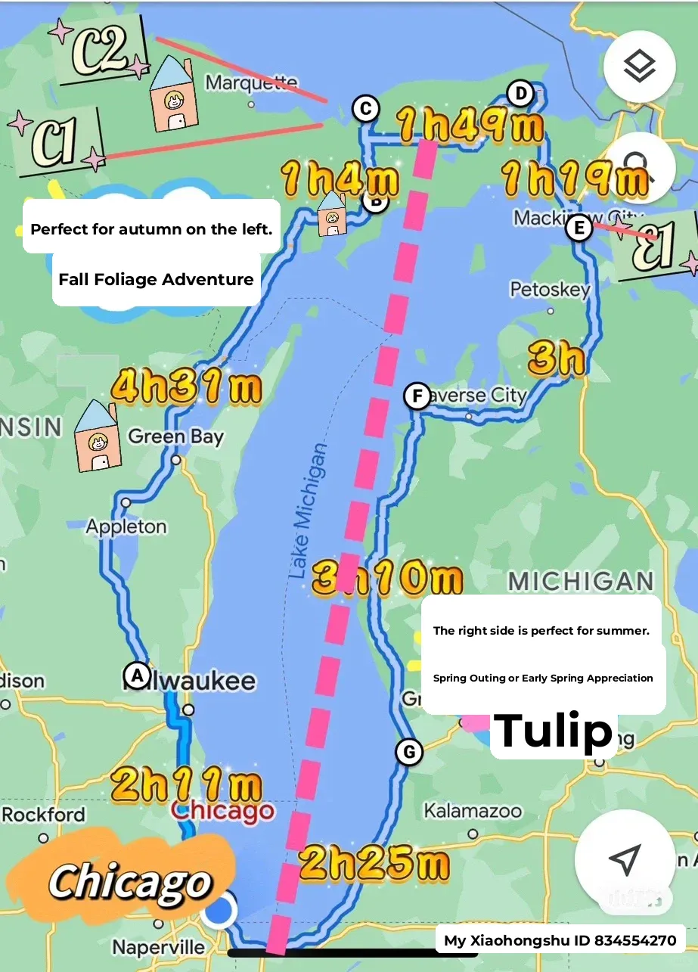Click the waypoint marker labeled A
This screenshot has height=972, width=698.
137,675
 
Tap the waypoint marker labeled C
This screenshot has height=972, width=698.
365,109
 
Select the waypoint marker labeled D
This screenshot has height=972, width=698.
520,94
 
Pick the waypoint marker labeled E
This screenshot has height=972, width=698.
579,228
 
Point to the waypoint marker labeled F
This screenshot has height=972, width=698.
417,396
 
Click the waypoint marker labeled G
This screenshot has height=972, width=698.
409,752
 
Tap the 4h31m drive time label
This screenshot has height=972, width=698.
186,388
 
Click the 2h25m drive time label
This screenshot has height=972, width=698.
374,864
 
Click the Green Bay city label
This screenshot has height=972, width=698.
176,436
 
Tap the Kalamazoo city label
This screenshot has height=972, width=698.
473,812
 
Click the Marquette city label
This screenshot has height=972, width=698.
251,82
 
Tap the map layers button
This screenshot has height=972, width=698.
639,67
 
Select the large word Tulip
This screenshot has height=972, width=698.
554,731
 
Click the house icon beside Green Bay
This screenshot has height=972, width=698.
98,436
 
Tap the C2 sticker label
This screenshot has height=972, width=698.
101,51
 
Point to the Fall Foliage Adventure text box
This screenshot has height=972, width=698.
156,279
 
